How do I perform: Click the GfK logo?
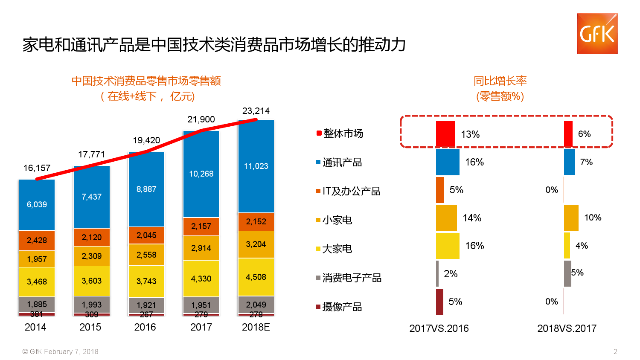coord(597,34)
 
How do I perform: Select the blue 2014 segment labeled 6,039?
coord(37,205)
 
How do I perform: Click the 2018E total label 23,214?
coord(256,111)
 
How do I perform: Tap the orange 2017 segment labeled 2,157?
coord(201,226)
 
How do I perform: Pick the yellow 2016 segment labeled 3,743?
coord(146,281)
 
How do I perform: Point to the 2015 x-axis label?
coord(90,327)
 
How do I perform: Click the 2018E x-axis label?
coord(256,327)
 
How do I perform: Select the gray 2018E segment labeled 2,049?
coord(256,305)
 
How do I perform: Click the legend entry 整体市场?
coord(343,134)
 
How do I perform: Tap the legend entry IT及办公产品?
coord(351,191)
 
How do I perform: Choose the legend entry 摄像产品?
coord(342,307)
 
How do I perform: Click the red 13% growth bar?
coord(445,134)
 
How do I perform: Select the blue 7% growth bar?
coord(569,162)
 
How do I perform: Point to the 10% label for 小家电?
coord(593,218)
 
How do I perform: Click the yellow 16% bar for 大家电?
coord(448,246)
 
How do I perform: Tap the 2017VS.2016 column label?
coord(439,328)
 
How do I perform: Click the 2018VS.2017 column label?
coord(567,328)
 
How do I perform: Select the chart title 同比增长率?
coord(500,81)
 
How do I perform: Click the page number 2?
coord(615,352)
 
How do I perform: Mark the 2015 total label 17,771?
coord(91,154)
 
